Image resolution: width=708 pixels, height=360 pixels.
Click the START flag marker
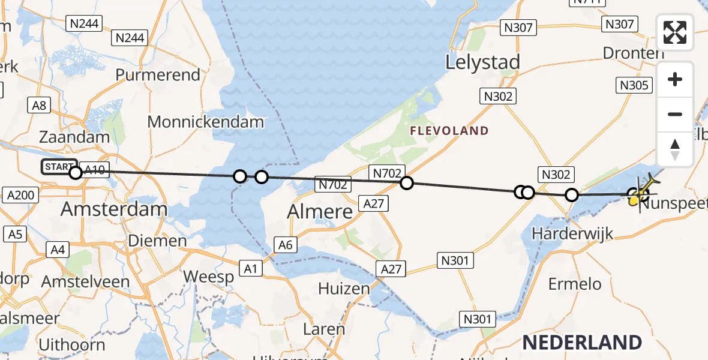[59, 167]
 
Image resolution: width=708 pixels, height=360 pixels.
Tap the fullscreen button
[675, 32]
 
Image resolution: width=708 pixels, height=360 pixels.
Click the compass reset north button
[675, 149]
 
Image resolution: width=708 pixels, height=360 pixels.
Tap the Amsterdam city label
[114, 209]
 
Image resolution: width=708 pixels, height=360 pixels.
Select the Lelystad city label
[482, 62]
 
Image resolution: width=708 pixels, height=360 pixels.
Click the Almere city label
[320, 211]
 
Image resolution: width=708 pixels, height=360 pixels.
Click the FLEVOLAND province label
[449, 131]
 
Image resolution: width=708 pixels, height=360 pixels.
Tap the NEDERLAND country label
[582, 343]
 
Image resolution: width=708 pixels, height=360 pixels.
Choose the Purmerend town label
[158, 75]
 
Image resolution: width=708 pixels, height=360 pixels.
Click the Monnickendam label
[205, 122]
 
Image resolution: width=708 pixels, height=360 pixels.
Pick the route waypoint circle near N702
[407, 183]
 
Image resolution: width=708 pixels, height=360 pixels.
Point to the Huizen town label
[344, 289]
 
